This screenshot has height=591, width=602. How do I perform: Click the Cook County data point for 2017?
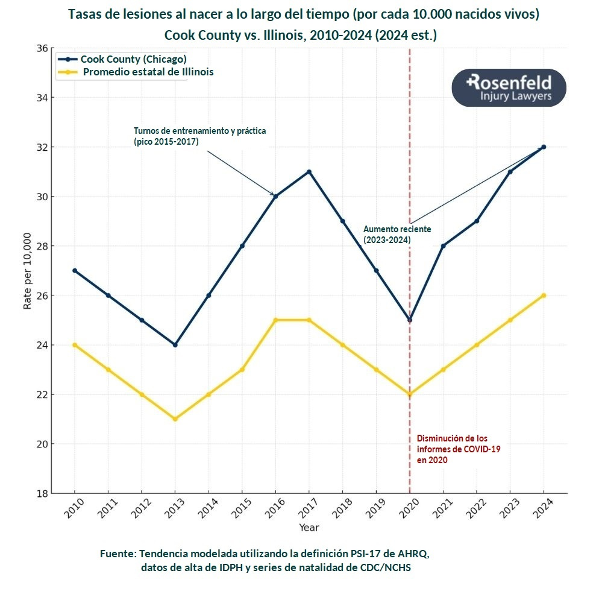click(x=309, y=172)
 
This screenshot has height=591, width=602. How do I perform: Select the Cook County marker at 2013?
click(x=175, y=345)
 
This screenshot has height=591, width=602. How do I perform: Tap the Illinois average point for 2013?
click(x=175, y=419)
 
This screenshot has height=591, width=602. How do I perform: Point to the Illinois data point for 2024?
click(x=544, y=295)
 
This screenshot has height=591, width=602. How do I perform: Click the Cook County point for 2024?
click(x=544, y=147)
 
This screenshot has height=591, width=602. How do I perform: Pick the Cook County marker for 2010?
click(x=75, y=271)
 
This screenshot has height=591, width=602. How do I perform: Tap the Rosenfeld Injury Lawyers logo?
click(x=509, y=88)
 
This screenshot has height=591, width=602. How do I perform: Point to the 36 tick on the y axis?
click(x=42, y=48)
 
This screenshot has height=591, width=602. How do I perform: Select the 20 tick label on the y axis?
click(x=42, y=444)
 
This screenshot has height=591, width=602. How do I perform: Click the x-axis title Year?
click(x=309, y=528)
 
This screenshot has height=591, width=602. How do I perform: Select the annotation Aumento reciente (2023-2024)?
click(x=388, y=235)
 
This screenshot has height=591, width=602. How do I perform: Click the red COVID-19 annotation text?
click(x=458, y=449)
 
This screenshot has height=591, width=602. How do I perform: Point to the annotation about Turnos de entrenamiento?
click(x=199, y=135)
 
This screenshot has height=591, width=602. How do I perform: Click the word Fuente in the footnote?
click(x=119, y=553)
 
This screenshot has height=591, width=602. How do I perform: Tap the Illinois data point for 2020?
click(x=410, y=394)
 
